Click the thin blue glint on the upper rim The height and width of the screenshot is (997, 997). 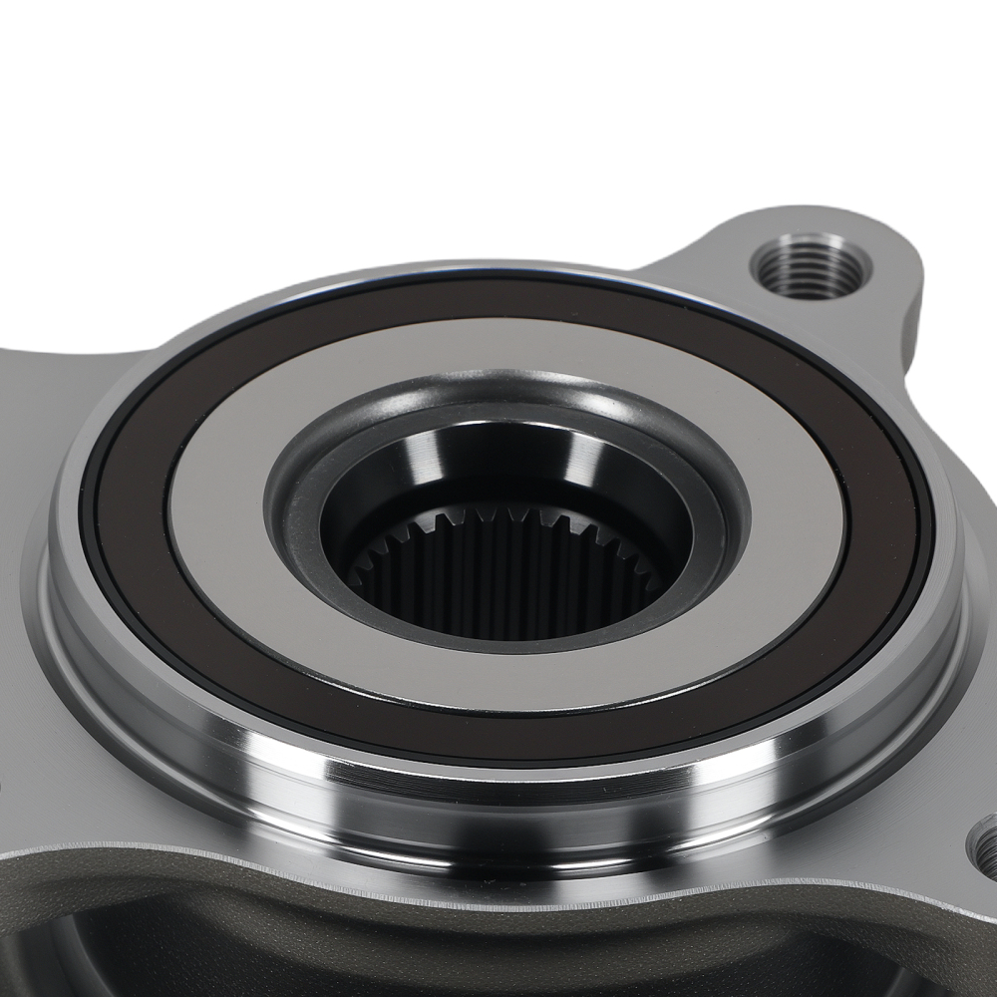pyautogui.click(x=558, y=272)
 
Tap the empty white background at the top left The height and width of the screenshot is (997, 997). pyautogui.click(x=150, y=120)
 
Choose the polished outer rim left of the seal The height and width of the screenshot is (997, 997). pyautogui.click(x=60, y=598)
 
